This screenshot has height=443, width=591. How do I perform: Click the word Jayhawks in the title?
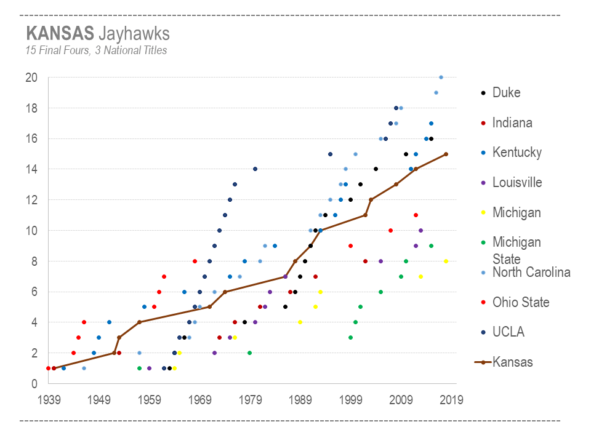(x=134, y=33)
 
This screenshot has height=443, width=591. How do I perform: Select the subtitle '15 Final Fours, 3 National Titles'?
(x=96, y=50)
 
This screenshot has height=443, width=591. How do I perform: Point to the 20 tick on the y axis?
(x=31, y=78)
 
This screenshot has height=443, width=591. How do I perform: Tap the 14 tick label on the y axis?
(x=31, y=169)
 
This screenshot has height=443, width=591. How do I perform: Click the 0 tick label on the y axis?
(x=34, y=383)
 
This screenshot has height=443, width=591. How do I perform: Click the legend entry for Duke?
(x=506, y=93)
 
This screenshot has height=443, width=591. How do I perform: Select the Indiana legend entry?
(x=512, y=123)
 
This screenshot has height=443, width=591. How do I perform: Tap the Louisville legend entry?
(x=517, y=183)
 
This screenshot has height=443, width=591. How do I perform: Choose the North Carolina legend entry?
(x=531, y=272)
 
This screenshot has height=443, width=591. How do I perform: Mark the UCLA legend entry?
(x=508, y=332)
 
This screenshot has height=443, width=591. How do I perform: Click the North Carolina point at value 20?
(x=441, y=78)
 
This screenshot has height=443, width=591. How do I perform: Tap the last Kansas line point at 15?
(x=446, y=154)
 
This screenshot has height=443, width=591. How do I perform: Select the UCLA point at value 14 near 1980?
(x=255, y=169)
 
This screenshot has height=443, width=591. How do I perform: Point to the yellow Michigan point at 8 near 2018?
(x=446, y=261)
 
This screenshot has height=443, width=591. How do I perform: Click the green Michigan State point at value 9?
(x=431, y=245)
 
